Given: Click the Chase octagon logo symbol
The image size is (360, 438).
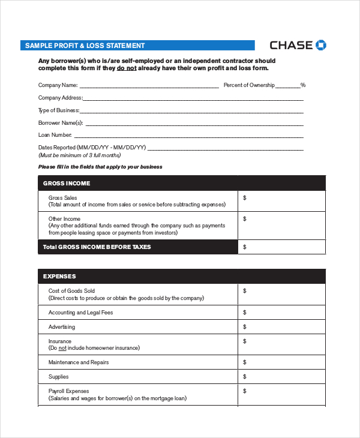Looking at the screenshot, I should [x=321, y=45].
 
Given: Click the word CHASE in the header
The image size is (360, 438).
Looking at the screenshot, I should [x=291, y=45].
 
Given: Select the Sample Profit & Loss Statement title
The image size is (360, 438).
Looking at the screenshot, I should [x=85, y=46].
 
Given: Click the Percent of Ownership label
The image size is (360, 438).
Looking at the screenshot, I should [x=249, y=85].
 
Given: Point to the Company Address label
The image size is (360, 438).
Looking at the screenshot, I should [x=60, y=98].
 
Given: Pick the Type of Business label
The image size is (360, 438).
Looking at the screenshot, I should [x=58, y=110].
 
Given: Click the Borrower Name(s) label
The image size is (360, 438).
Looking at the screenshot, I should [x=61, y=122].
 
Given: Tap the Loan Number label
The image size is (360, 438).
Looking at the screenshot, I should [x=55, y=135].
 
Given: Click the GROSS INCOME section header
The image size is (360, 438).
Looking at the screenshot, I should [x=67, y=183].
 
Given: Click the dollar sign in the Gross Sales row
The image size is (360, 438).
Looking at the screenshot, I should [x=244, y=197].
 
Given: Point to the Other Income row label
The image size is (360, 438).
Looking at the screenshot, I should [x=64, y=219].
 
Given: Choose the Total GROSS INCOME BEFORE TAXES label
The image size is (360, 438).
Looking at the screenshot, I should [x=97, y=247].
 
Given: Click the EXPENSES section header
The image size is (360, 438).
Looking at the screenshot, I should [x=59, y=277].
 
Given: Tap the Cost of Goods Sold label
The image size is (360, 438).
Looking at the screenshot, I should [x=71, y=291].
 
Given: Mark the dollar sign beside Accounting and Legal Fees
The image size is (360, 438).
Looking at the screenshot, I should [x=244, y=312].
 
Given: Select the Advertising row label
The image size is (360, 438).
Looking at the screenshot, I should [x=62, y=327].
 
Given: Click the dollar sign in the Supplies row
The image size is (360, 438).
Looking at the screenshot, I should [x=244, y=376].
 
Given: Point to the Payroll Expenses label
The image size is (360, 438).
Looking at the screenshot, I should [x=68, y=391].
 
